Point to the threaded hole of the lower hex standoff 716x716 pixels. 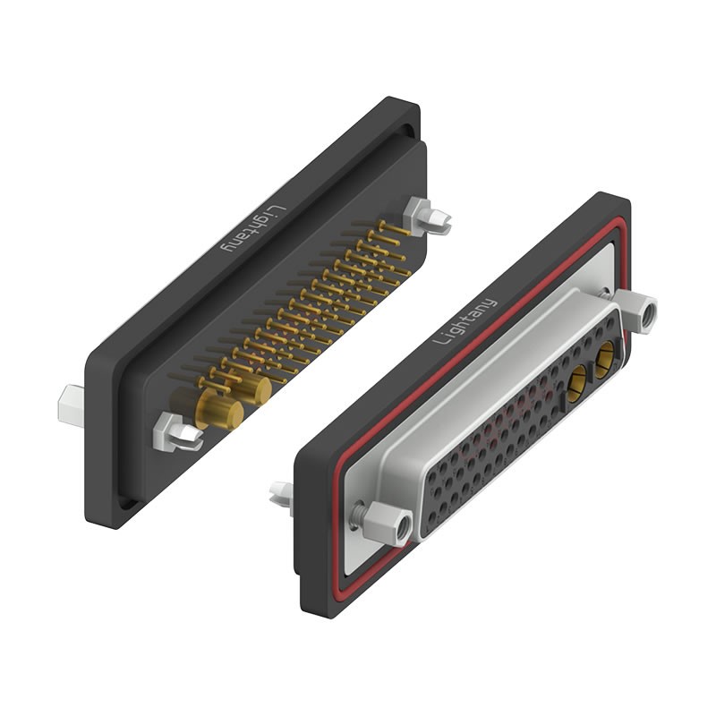click(x=400, y=528)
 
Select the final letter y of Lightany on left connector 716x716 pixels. click(x=226, y=246)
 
